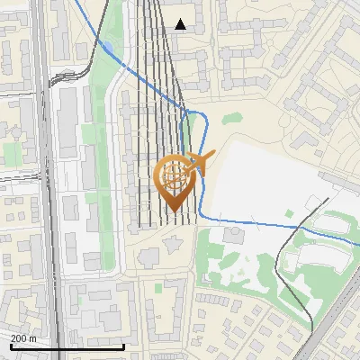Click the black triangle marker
click(181, 24)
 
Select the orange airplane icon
click(201, 162)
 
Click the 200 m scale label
click(24, 337)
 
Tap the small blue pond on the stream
click(107, 47)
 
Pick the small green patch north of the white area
click(233, 118)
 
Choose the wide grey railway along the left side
click(47, 180)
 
